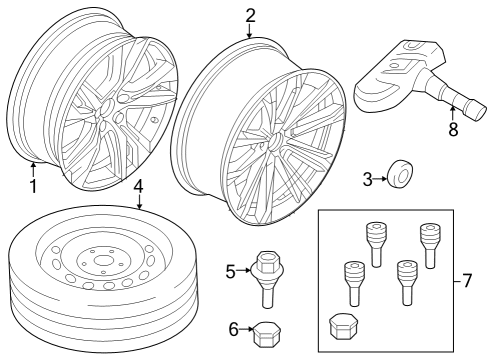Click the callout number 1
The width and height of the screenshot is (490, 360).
[x=32, y=185]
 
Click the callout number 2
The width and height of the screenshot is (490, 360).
[x=250, y=14]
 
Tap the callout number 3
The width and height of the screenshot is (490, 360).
[x=367, y=179]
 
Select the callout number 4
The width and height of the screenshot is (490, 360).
[x=139, y=186]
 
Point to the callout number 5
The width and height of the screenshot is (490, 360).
[x=230, y=270]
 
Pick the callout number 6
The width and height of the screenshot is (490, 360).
[x=235, y=328]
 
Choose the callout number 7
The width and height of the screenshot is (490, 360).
[x=466, y=280]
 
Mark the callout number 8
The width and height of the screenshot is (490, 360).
[x=453, y=128]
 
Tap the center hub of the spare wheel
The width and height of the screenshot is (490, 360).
[x=100, y=264]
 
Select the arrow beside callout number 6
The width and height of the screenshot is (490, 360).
[x=247, y=329]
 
